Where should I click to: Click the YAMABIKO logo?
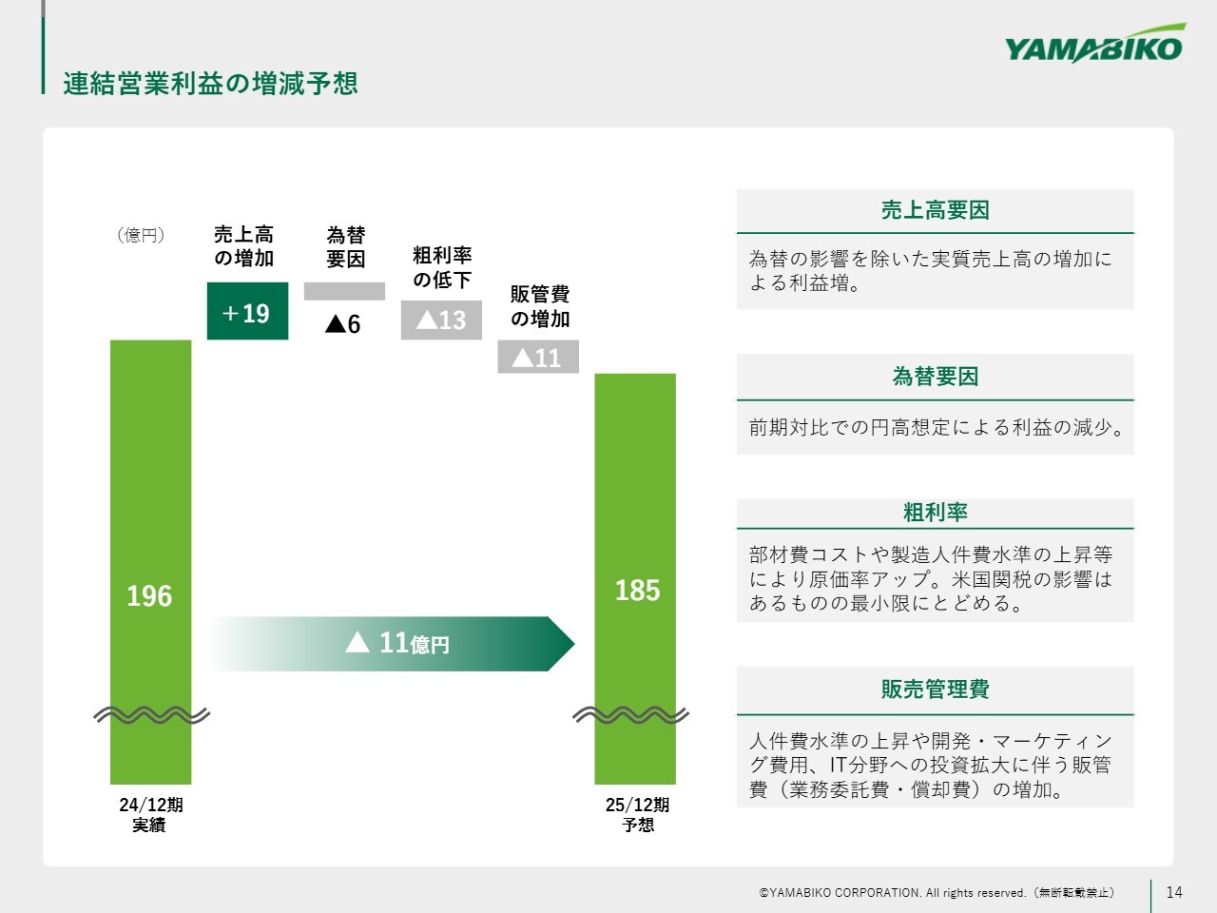pyautogui.click(x=1094, y=45)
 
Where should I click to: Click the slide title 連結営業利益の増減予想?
pyautogui.click(x=210, y=84)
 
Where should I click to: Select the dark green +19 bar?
pyautogui.click(x=247, y=311)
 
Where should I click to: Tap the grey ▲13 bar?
pyautogui.click(x=441, y=320)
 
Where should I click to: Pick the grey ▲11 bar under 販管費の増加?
pyautogui.click(x=538, y=357)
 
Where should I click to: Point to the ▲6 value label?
pyautogui.click(x=342, y=323)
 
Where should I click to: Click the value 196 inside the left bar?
pyautogui.click(x=149, y=596)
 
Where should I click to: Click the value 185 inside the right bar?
pyautogui.click(x=638, y=591)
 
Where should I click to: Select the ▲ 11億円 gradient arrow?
pyautogui.click(x=392, y=644)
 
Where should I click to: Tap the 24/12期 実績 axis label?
pyautogui.click(x=150, y=815)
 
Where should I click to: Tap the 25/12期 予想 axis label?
pyautogui.click(x=638, y=815)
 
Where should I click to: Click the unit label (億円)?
pyautogui.click(x=141, y=235)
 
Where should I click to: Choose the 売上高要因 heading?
pyautogui.click(x=936, y=210)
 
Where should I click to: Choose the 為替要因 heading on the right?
pyautogui.click(x=936, y=377)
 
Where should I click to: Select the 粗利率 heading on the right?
pyautogui.click(x=936, y=513)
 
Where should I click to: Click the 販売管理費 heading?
pyautogui.click(x=936, y=690)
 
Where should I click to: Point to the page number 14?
pyautogui.click(x=1174, y=892)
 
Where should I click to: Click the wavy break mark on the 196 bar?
pyautogui.click(x=151, y=715)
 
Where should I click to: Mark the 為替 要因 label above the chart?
pyautogui.click(x=345, y=246)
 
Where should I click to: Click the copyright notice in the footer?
pyautogui.click(x=937, y=892)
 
